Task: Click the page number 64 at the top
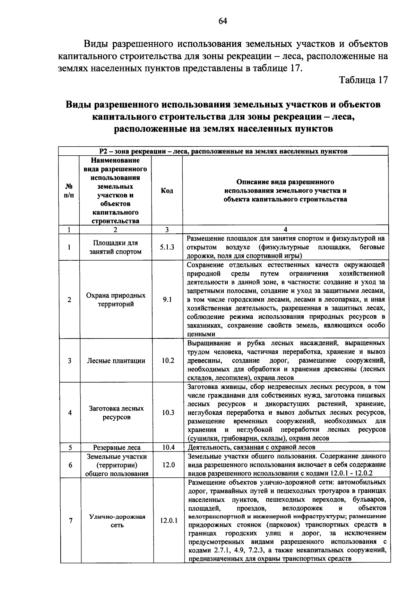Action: tap(223, 21)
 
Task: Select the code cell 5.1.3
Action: tap(167, 247)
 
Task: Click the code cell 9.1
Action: tap(167, 300)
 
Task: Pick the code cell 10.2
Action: tap(167, 361)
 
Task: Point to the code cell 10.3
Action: tap(167, 413)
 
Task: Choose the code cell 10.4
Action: tap(168, 447)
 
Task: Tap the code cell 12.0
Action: tap(168, 465)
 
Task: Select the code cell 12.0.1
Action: tap(168, 521)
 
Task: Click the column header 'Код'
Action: tap(167, 191)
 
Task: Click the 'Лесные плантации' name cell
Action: tap(116, 361)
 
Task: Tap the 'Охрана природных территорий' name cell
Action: tap(116, 300)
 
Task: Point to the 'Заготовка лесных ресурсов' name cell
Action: tap(116, 413)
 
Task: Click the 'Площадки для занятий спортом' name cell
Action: tap(116, 247)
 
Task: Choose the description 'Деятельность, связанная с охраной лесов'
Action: tap(251, 447)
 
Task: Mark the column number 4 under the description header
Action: tap(285, 229)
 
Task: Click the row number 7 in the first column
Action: tap(71, 521)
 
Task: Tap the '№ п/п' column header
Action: tap(69, 191)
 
